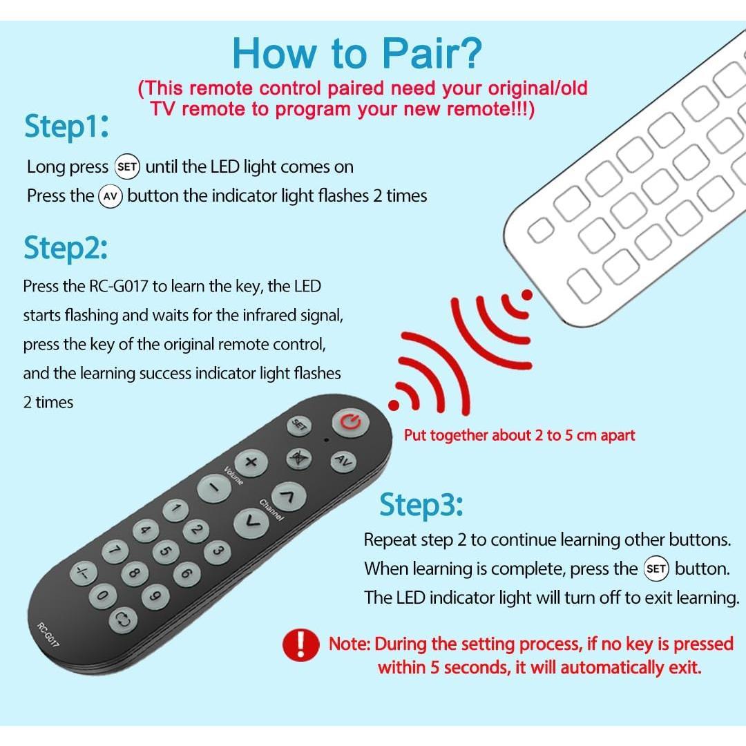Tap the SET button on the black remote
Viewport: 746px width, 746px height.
click(x=300, y=425)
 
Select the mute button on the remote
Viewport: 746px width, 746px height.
click(x=299, y=458)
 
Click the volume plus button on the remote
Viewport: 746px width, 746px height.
click(x=251, y=462)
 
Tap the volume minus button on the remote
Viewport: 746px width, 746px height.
click(x=210, y=489)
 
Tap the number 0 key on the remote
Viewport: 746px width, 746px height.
click(x=102, y=595)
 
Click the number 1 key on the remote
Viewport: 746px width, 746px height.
click(x=175, y=511)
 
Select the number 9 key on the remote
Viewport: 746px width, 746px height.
click(x=155, y=595)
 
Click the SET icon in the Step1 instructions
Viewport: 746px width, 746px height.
click(x=127, y=166)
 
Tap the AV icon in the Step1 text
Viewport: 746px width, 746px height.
click(x=111, y=196)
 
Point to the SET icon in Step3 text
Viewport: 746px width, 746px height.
click(x=656, y=569)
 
